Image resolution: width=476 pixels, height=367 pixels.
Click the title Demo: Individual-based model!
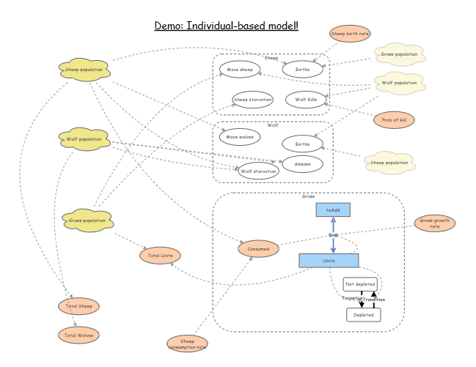coord(226,26)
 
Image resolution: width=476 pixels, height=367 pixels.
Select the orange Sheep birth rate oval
coord(350,34)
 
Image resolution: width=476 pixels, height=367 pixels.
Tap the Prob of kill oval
coord(394,119)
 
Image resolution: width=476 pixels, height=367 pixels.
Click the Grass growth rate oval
coord(435,223)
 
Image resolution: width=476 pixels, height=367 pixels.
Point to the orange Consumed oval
coord(258,249)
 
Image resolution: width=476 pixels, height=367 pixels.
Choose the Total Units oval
coord(161,256)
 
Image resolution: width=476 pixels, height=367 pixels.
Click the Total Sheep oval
coord(78,306)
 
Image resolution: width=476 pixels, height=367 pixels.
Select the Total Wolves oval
coord(78,335)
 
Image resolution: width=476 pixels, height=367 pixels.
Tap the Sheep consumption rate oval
coord(187,343)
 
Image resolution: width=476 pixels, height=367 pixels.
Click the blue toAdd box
coord(333,210)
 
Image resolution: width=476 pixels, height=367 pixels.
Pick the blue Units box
coord(329,260)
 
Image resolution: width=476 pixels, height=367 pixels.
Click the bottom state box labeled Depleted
coord(364,314)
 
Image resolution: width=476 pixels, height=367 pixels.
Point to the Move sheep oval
coord(239,70)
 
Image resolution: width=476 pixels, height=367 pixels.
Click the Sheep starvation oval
coord(252,100)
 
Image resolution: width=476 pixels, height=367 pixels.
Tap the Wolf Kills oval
coord(306,100)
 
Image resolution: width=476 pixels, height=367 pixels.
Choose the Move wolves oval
coord(239,136)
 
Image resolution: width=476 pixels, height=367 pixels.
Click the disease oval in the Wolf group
coord(303,163)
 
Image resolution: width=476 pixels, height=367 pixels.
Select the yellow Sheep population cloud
coord(84,70)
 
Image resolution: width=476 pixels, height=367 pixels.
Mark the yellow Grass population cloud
coord(87,220)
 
